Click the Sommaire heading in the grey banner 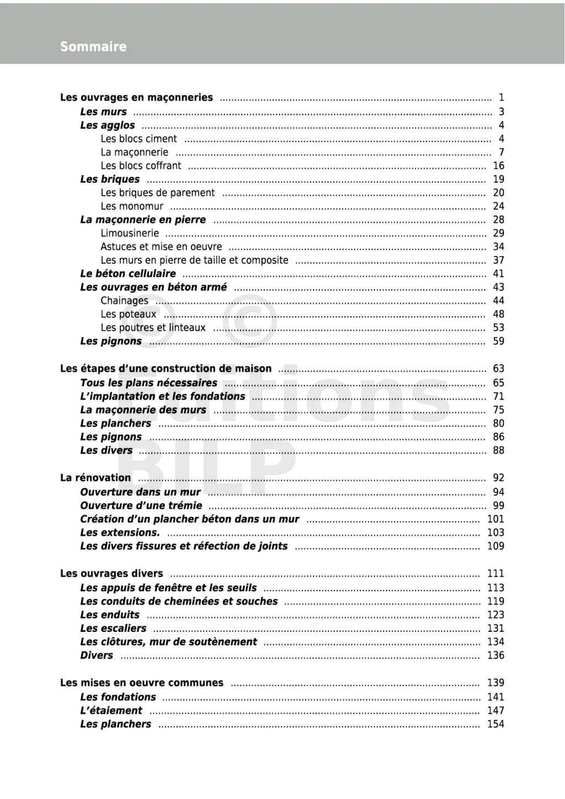pyautogui.click(x=93, y=47)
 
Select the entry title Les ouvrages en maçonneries pyautogui.click(x=136, y=98)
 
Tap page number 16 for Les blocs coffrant pyautogui.click(x=498, y=166)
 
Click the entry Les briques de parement pyautogui.click(x=157, y=193)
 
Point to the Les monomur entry pyautogui.click(x=132, y=206)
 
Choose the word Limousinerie pyautogui.click(x=130, y=233)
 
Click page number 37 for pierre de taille pyautogui.click(x=498, y=260)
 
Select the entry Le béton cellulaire pyautogui.click(x=128, y=274)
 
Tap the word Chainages pyautogui.click(x=124, y=301)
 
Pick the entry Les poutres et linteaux pyautogui.click(x=153, y=328)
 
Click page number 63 pyautogui.click(x=498, y=369)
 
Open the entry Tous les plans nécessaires pyautogui.click(x=148, y=383)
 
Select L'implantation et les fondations pyautogui.click(x=162, y=396)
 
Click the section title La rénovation pyautogui.click(x=95, y=478)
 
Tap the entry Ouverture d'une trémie pyautogui.click(x=141, y=505)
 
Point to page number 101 pyautogui.click(x=495, y=519)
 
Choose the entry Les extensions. pyautogui.click(x=120, y=532)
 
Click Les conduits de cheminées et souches pyautogui.click(x=179, y=601)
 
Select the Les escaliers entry pyautogui.click(x=113, y=628)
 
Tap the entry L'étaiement pyautogui.click(x=111, y=711)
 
